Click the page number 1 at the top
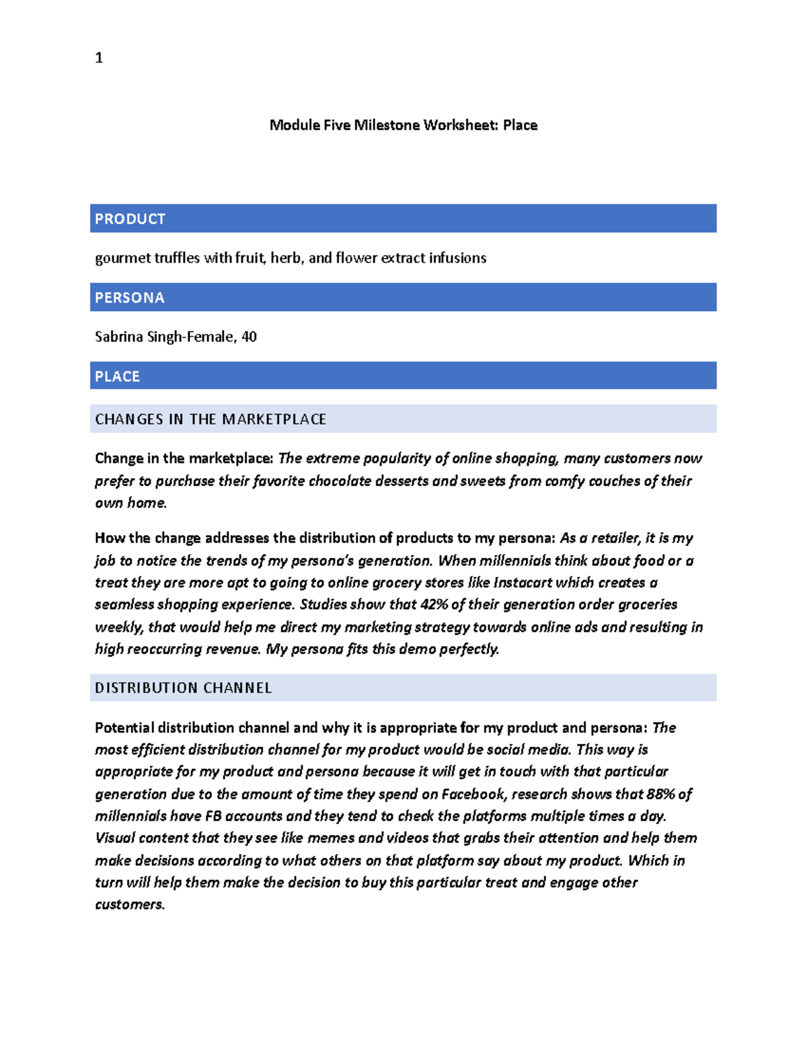(99, 58)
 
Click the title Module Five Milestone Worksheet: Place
(403, 125)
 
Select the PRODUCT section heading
(130, 219)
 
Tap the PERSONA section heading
(129, 298)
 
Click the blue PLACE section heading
(117, 376)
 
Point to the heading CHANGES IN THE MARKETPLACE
(210, 419)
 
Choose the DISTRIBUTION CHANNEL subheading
(183, 688)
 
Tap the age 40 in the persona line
(249, 337)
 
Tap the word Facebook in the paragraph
(473, 794)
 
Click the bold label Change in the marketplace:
(184, 458)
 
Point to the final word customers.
(128, 905)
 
